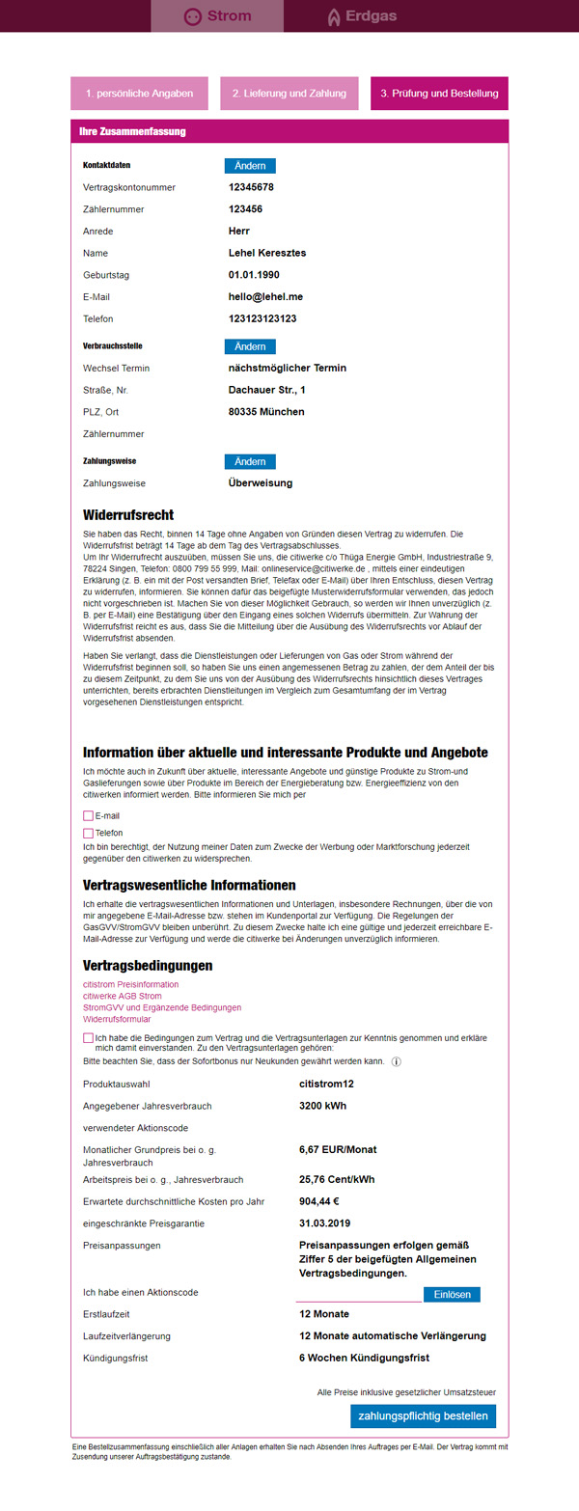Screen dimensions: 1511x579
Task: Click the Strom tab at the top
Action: pyautogui.click(x=217, y=16)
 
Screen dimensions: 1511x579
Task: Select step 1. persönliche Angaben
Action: pyautogui.click(x=139, y=94)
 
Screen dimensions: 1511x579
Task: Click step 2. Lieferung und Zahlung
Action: pyautogui.click(x=289, y=94)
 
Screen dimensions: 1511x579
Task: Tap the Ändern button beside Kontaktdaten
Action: pyautogui.click(x=250, y=166)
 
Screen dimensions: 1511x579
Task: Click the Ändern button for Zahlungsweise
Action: pyautogui.click(x=250, y=462)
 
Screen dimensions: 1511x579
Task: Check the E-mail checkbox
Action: pyautogui.click(x=89, y=816)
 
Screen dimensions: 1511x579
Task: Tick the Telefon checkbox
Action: pyautogui.click(x=89, y=833)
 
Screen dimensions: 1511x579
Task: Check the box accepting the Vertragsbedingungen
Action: pyautogui.click(x=89, y=1037)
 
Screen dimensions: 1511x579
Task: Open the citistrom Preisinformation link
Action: pyautogui.click(x=130, y=984)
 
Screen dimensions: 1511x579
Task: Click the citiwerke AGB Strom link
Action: pyautogui.click(x=122, y=996)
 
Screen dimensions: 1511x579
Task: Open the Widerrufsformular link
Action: pyautogui.click(x=118, y=1019)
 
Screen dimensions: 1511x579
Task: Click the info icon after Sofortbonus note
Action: pyautogui.click(x=397, y=1061)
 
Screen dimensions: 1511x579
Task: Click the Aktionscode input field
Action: pyautogui.click(x=358, y=1294)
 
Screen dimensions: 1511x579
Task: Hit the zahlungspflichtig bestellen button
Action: pyautogui.click(x=424, y=1416)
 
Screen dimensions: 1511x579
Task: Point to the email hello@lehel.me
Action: pyautogui.click(x=265, y=297)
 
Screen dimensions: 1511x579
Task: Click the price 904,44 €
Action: pyautogui.click(x=319, y=1201)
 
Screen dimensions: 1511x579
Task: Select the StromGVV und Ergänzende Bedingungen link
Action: pyautogui.click(x=162, y=1007)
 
